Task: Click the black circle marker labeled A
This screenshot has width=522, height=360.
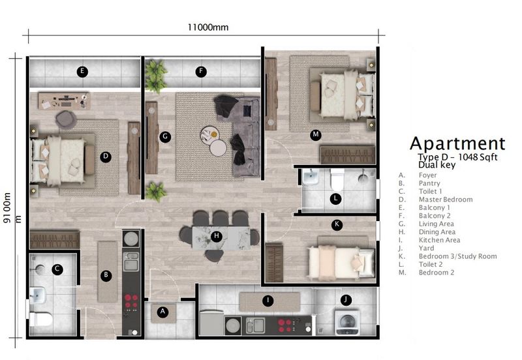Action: click(163, 312)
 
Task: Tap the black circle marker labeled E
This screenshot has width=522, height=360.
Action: click(82, 72)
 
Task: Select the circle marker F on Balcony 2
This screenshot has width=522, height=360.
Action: click(202, 72)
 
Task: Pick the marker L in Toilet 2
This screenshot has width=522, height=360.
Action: click(335, 198)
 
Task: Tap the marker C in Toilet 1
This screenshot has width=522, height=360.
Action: click(57, 268)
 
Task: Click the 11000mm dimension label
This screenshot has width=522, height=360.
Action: click(208, 27)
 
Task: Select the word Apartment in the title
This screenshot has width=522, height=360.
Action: click(457, 143)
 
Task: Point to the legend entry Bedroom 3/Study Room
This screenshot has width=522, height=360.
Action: click(458, 256)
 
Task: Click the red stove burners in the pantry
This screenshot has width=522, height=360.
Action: click(131, 301)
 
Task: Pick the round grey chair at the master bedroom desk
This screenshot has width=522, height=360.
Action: click(67, 118)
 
